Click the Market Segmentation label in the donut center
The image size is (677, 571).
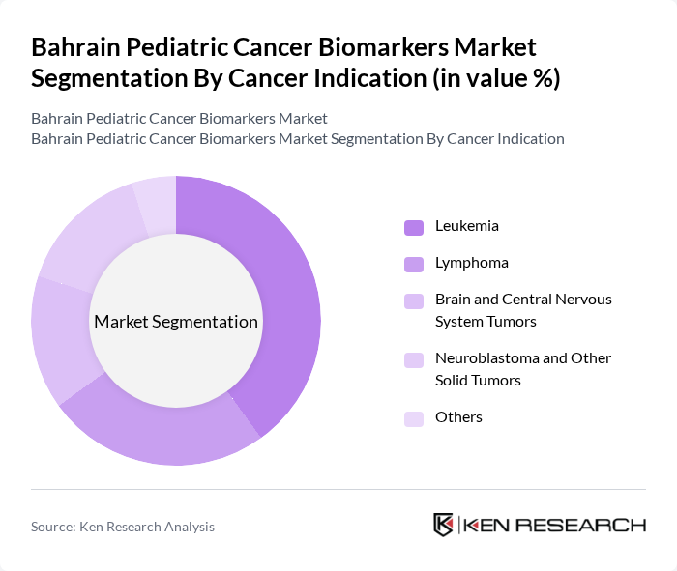pyautogui.click(x=175, y=322)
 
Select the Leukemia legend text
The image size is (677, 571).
pyautogui.click(x=467, y=226)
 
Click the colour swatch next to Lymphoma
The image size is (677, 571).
pyautogui.click(x=414, y=264)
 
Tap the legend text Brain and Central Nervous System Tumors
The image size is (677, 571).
pyautogui.click(x=522, y=310)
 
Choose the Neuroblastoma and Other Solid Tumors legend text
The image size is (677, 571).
pyautogui.click(x=522, y=369)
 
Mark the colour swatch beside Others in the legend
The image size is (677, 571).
pyautogui.click(x=414, y=418)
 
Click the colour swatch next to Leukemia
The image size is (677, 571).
pyautogui.click(x=414, y=227)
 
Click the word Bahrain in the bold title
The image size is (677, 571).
pyautogui.click(x=76, y=48)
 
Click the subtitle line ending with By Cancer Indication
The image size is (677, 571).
pyautogui.click(x=297, y=138)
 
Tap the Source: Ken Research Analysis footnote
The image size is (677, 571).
pyautogui.click(x=123, y=527)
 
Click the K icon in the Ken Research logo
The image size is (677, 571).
pyautogui.click(x=444, y=525)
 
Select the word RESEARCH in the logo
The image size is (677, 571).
pyautogui.click(x=591, y=526)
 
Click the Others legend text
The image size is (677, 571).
pyautogui.click(x=458, y=417)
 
